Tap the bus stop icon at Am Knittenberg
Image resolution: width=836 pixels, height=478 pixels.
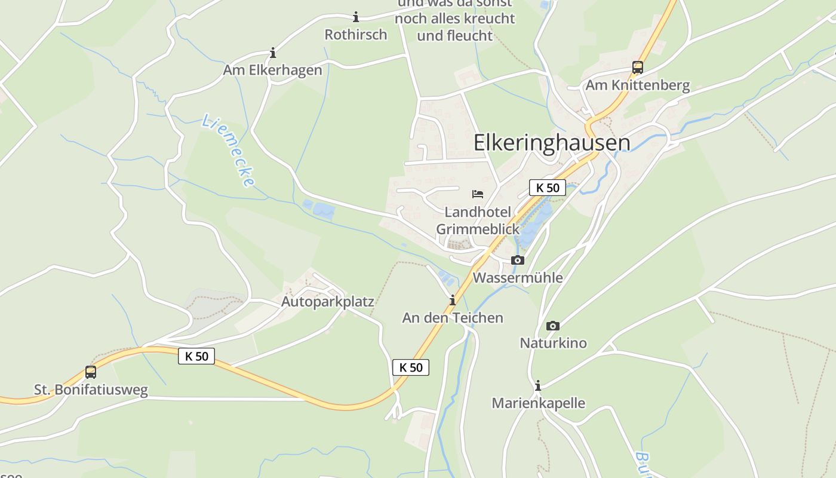(x=638, y=67)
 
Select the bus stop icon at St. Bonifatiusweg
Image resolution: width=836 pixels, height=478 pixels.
(x=91, y=372)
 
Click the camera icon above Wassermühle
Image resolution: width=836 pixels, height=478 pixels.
(x=518, y=260)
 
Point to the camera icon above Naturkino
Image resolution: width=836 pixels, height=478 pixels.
(x=553, y=326)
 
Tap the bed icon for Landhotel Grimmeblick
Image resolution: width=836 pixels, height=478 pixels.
(x=478, y=194)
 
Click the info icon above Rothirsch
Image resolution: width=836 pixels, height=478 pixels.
(x=356, y=17)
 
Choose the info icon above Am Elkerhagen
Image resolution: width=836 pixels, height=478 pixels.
(x=273, y=53)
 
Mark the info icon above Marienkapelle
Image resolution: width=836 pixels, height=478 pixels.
(x=538, y=385)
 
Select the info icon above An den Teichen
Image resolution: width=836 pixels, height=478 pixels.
(x=453, y=300)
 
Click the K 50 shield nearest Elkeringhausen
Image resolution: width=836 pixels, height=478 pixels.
(x=548, y=188)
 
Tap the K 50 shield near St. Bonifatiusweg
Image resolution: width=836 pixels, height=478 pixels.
(x=196, y=356)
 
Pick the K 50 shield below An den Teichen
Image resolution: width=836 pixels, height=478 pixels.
(x=411, y=367)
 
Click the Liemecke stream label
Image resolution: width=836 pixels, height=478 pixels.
(x=229, y=150)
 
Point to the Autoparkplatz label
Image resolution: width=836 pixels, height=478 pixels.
(x=328, y=302)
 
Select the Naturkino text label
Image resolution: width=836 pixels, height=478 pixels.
(x=553, y=343)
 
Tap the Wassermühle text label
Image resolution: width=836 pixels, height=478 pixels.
(x=518, y=278)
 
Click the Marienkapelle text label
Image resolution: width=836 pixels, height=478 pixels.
(x=538, y=403)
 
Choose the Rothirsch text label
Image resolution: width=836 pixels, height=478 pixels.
(x=356, y=35)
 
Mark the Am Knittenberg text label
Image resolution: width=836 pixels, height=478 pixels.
(x=638, y=85)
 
